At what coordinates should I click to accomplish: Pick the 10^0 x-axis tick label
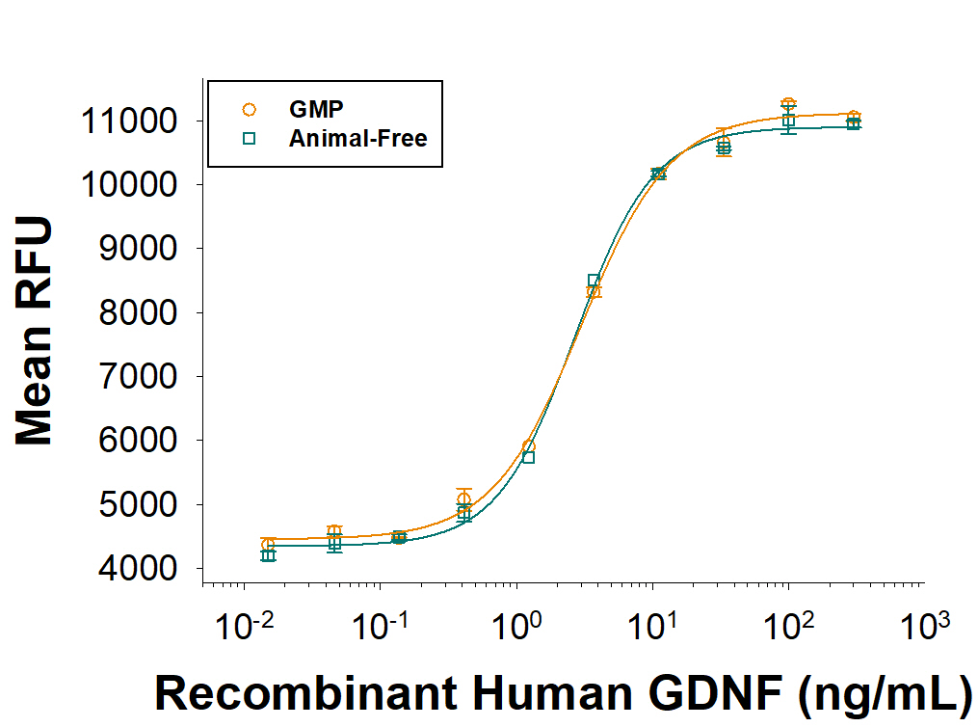click(516, 630)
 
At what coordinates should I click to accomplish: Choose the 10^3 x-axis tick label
click(924, 630)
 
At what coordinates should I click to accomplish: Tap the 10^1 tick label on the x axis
click(652, 630)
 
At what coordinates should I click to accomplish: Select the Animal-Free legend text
click(357, 138)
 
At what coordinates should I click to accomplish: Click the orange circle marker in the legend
click(249, 110)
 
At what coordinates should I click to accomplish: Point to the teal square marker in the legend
click(249, 138)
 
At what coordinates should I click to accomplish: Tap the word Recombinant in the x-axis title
click(290, 694)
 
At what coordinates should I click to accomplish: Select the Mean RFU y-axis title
click(35, 331)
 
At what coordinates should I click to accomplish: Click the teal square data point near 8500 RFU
click(594, 281)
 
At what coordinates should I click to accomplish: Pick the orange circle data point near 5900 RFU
click(528, 446)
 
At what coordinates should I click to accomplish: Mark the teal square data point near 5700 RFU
click(528, 457)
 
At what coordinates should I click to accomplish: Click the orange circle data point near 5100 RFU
click(463, 499)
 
